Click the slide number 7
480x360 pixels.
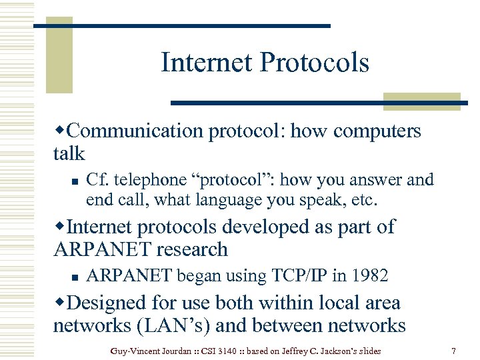(x=453, y=350)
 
